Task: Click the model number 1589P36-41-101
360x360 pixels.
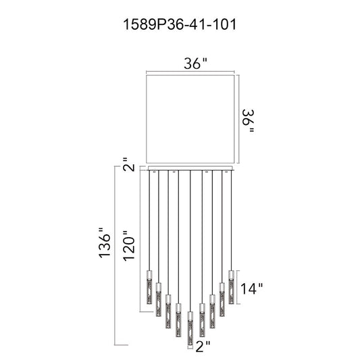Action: tap(180, 24)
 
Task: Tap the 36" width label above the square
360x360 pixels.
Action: tap(195, 63)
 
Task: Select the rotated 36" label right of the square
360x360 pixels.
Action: tap(249, 121)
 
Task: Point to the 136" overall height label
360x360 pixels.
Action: tap(105, 242)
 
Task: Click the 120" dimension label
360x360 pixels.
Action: tap(129, 245)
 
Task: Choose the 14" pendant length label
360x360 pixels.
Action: tap(251, 288)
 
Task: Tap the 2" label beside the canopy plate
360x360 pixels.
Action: tap(129, 164)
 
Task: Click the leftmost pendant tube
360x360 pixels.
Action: tap(149, 287)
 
